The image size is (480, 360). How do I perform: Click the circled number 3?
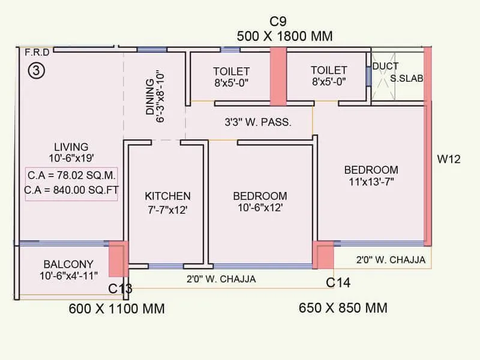click(37, 70)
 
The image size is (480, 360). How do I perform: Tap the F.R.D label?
click(37, 53)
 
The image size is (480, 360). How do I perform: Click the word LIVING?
click(71, 147)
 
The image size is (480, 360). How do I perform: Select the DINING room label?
click(149, 97)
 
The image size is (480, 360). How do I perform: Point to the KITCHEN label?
click(168, 196)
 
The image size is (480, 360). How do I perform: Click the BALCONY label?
click(68, 264)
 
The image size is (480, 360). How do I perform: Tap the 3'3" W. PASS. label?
click(258, 122)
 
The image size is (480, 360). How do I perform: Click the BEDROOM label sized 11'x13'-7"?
click(371, 170)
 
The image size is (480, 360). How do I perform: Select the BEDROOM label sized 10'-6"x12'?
click(260, 196)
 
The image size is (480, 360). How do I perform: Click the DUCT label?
click(386, 66)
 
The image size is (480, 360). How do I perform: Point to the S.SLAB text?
click(407, 79)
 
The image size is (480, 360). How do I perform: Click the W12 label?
click(449, 159)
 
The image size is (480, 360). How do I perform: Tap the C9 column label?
click(278, 22)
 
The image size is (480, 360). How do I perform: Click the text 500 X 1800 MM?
click(284, 36)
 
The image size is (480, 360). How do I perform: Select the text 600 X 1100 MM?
click(116, 308)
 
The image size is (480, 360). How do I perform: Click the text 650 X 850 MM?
click(343, 308)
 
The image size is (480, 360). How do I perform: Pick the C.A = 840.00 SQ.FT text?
click(71, 190)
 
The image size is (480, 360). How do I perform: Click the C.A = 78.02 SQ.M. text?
click(71, 175)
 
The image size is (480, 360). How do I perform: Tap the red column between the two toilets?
click(278, 77)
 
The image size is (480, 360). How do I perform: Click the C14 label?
click(338, 283)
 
